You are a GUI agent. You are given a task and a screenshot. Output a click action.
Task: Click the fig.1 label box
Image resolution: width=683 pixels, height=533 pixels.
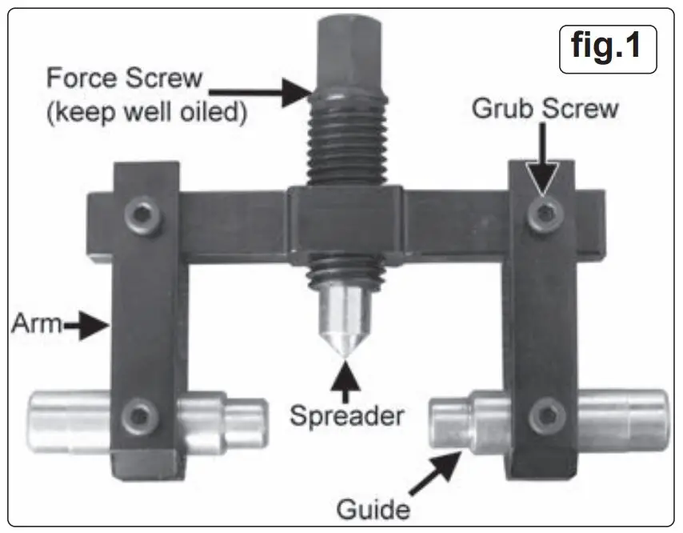606,47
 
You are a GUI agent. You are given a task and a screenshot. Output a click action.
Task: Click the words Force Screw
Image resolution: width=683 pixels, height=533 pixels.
124,79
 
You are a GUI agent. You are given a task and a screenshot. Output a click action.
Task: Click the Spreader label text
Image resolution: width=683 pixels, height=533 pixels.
345,416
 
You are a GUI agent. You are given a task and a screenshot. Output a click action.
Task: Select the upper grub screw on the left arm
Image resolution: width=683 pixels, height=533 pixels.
144,212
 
